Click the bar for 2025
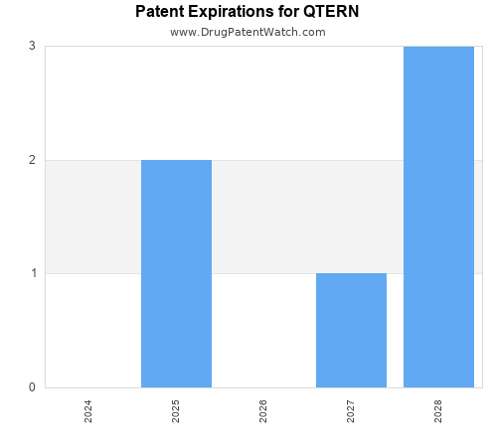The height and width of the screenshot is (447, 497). [x=176, y=273]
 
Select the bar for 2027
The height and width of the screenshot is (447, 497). [x=351, y=330]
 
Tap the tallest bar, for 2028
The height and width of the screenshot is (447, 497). [x=438, y=217]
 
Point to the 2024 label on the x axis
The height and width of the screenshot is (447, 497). [x=88, y=411]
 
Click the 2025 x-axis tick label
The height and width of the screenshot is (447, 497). [x=176, y=411]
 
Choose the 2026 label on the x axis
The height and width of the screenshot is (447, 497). [x=263, y=411]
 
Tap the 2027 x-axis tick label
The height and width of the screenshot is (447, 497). [x=351, y=411]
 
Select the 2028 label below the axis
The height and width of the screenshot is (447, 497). [x=438, y=411]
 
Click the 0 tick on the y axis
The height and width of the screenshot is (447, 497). [x=32, y=387]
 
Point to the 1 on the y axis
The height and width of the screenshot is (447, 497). [x=32, y=273]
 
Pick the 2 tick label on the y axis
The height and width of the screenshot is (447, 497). [x=32, y=160]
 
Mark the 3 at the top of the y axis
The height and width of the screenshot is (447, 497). [x=32, y=46]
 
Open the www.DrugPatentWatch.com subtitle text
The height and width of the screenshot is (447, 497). [x=248, y=32]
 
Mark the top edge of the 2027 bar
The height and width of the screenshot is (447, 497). [x=351, y=273]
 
